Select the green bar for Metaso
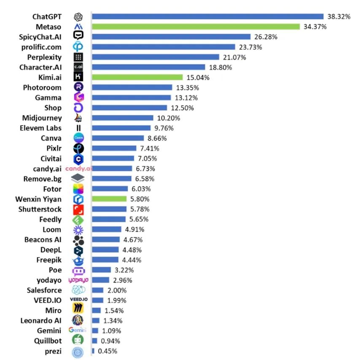point(196,27)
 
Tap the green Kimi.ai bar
point(138,78)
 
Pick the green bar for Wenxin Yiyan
point(109,199)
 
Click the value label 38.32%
point(338,16)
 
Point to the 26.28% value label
point(266,37)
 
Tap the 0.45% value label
point(108,351)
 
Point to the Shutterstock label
point(40,209)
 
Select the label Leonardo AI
point(41,320)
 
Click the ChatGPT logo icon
point(78,17)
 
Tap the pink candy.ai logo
point(78,169)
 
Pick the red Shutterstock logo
point(78,210)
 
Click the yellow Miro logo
point(78,310)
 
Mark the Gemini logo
point(78,330)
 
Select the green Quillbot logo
point(78,341)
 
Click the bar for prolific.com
point(164,47)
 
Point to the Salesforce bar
point(97,290)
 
